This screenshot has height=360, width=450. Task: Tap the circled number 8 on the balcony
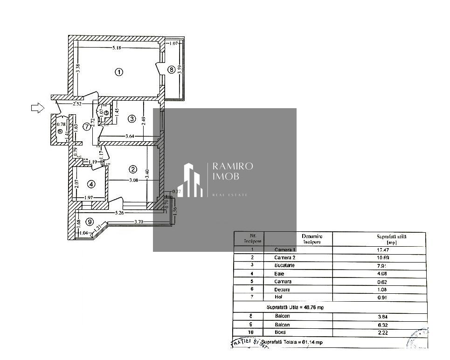172,70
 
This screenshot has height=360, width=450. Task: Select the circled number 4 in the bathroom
91,183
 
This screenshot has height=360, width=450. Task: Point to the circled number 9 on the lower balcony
89,221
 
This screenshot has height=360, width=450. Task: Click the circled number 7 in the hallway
87,126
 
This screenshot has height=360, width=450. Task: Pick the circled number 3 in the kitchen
132,119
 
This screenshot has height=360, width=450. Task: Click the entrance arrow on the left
37,108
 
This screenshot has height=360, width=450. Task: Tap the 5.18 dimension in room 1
119,48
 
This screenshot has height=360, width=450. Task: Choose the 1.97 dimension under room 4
89,198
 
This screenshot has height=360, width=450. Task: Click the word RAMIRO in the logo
233,166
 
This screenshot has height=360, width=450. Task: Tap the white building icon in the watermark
193,180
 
